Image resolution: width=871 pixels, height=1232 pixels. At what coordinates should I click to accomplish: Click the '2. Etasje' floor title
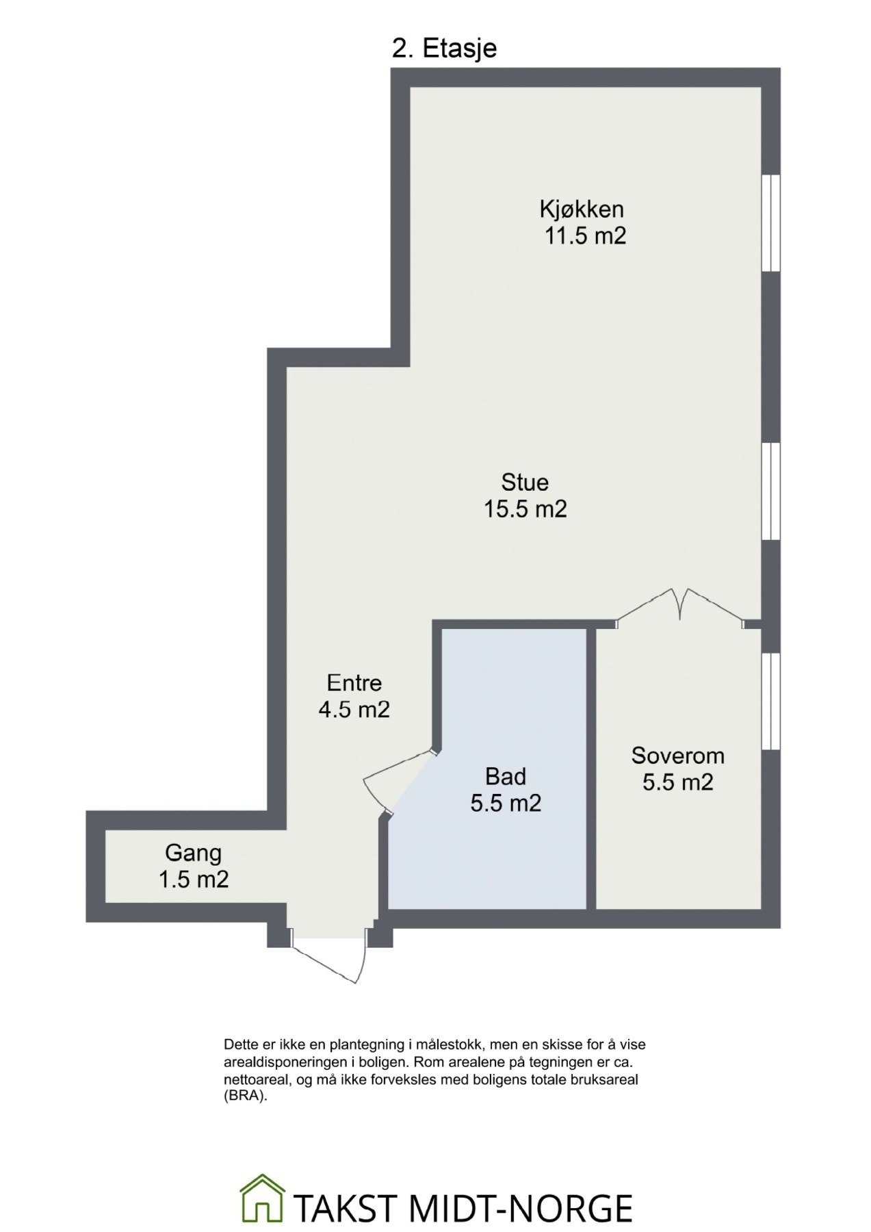coord(444,49)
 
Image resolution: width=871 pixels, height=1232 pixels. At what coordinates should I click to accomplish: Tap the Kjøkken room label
coord(581,208)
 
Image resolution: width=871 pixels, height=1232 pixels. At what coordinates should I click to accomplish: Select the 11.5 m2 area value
coord(585,235)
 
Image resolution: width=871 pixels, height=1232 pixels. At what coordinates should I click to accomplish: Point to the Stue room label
coord(525,483)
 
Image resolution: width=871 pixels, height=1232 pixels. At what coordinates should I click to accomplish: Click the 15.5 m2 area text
coord(525,509)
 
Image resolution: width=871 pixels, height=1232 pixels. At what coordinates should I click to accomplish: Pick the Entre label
coord(354,682)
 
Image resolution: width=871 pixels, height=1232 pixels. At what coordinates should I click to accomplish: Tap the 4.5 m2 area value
coord(354,709)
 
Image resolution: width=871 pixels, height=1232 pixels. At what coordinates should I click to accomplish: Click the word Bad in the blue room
coord(505,776)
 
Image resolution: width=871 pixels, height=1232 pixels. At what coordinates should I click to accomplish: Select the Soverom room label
coord(677,756)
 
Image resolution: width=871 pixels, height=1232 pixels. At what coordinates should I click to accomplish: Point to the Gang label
coord(193,853)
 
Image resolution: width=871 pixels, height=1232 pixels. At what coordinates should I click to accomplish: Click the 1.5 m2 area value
coord(193,880)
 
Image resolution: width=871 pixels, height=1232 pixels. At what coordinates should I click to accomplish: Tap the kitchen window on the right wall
coord(771,223)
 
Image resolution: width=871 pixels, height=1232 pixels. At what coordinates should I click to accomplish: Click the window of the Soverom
coord(771,701)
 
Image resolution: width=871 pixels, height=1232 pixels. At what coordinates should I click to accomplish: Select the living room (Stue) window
coord(771,491)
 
